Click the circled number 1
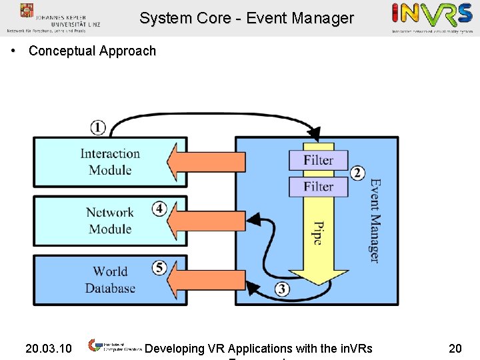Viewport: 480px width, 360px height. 97,127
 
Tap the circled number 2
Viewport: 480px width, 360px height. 358,173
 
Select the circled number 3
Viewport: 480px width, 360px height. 282,289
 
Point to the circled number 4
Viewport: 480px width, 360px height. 159,209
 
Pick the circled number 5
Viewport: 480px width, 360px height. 159,267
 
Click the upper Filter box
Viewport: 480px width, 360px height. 318,160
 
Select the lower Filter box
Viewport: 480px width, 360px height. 318,187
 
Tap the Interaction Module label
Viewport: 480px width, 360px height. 110,161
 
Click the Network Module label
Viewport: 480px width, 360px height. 110,221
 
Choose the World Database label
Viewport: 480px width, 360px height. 110,279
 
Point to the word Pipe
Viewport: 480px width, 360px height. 318,233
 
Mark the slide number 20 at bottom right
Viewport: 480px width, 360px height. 455,348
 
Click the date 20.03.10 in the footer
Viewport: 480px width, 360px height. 48,348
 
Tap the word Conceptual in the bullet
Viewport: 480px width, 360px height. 63,51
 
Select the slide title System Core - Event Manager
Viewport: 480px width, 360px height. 246,19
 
